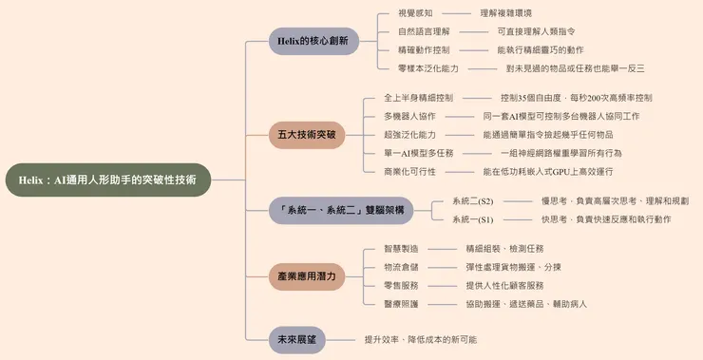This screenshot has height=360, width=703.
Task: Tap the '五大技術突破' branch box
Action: click(307, 134)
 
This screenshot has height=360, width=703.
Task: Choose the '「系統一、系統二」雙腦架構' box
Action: click(339, 210)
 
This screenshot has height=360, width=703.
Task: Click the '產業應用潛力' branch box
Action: click(307, 276)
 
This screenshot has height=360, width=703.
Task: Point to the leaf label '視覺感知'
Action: click(415, 13)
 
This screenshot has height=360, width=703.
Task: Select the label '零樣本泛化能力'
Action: click(428, 68)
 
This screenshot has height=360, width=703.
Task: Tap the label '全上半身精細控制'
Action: click(418, 97)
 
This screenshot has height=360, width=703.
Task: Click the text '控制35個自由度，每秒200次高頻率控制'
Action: click(576, 97)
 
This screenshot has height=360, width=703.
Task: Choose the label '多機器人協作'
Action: click(409, 116)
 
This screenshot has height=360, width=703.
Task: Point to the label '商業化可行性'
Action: click(409, 171)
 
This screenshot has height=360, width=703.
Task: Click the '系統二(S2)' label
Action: click(472, 201)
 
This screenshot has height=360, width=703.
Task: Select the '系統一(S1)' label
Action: click(472, 219)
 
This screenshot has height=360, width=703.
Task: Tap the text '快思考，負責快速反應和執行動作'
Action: click(606, 219)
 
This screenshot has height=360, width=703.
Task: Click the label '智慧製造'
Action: click(401, 248)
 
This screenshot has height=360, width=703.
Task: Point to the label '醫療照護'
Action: click(401, 304)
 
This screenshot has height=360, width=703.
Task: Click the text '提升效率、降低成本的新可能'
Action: click(421, 339)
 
